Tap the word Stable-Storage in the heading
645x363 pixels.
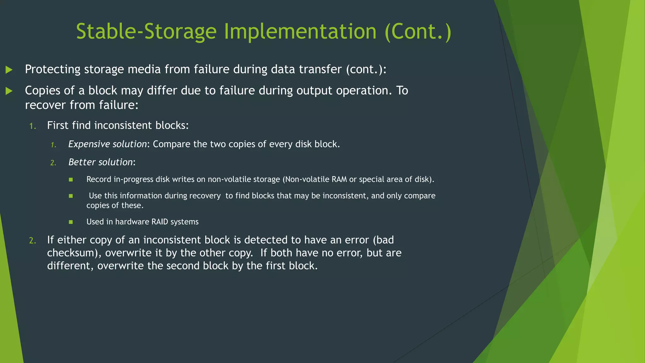146,32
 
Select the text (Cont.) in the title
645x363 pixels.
418,32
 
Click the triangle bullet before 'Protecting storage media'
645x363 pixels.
9,70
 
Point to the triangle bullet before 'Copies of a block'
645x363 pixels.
9,91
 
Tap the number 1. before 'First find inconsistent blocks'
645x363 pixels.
32,126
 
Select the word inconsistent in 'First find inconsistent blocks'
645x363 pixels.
123,125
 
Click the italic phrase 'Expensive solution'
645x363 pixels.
107,144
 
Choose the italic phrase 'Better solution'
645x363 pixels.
100,162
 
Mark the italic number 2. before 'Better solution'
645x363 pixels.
53,163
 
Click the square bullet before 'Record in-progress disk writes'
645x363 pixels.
71,180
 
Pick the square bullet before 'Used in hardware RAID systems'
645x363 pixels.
71,222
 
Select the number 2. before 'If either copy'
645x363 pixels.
32,241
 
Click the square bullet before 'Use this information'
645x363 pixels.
71,196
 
